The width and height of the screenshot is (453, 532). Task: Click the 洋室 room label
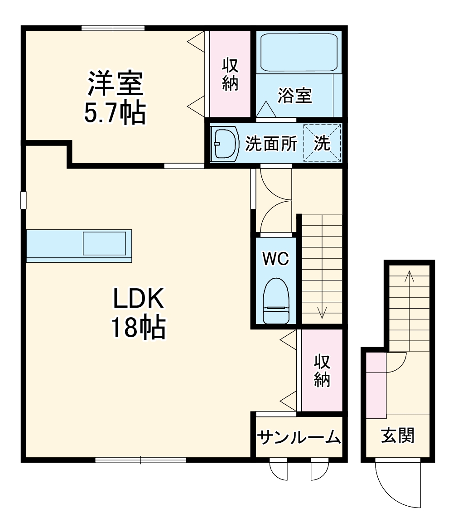[115, 83]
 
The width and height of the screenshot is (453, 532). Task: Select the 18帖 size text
[138, 328]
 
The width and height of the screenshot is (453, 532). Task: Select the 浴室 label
[294, 96]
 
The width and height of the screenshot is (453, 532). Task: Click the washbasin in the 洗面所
[226, 144]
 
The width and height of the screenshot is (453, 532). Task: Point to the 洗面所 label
[271, 144]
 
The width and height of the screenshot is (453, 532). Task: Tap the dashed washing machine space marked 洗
[322, 144]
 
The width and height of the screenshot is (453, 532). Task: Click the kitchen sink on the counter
[104, 243]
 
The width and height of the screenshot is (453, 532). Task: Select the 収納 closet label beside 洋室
[230, 75]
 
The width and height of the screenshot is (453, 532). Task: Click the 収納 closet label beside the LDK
[322, 371]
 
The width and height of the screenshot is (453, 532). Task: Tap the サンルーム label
[299, 437]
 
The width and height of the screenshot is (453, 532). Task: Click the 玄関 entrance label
[397, 435]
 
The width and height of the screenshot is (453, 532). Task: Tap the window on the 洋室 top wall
[113, 28]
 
